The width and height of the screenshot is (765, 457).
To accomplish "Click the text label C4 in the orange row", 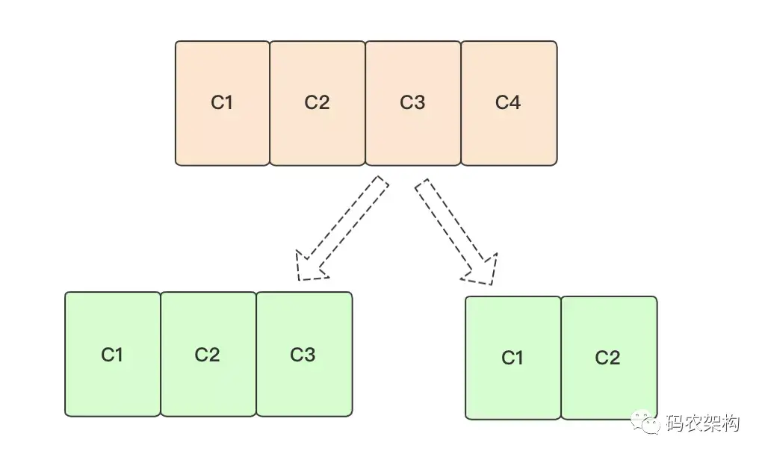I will [x=508, y=102].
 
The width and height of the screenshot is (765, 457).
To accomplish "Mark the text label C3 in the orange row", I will [x=412, y=102].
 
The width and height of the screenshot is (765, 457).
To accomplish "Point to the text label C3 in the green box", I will [x=303, y=354].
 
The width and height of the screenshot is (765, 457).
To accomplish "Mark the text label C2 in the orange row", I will [x=317, y=102].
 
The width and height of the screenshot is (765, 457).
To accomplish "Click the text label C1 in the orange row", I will [x=222, y=102].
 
